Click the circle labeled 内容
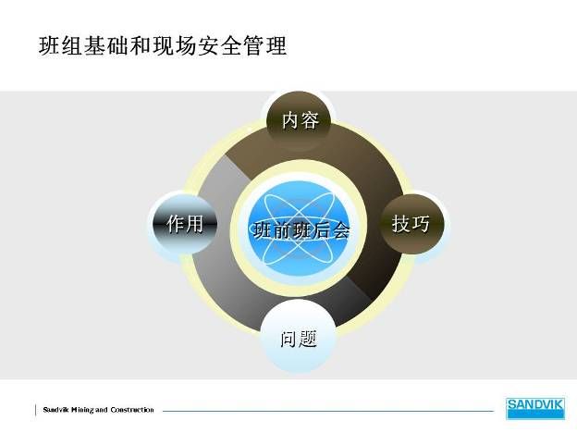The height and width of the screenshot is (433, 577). click(x=299, y=120)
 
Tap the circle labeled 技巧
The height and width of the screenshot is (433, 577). click(x=411, y=224)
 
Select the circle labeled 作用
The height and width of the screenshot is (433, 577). click(x=185, y=224)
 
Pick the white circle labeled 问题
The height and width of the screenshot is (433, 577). click(x=299, y=337)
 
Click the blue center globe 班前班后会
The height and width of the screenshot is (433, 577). click(x=299, y=229)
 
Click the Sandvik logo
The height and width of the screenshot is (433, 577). click(x=535, y=408)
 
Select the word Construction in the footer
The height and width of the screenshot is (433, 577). click(x=132, y=410)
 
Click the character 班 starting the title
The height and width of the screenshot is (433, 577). click(x=49, y=45)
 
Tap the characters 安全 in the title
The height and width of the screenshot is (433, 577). click(x=219, y=45)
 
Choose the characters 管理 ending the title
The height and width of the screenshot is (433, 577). click(x=264, y=45)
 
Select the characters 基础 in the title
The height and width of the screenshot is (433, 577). click(x=106, y=45)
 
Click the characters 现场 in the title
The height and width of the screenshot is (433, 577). click(x=174, y=45)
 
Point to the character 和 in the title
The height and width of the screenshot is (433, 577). click(x=141, y=45)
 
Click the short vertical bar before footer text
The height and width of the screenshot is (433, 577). click(x=36, y=410)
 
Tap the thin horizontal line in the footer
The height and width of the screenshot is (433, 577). click(x=328, y=411)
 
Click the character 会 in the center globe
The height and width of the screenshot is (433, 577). click(x=341, y=230)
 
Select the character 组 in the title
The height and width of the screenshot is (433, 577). click(x=72, y=45)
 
